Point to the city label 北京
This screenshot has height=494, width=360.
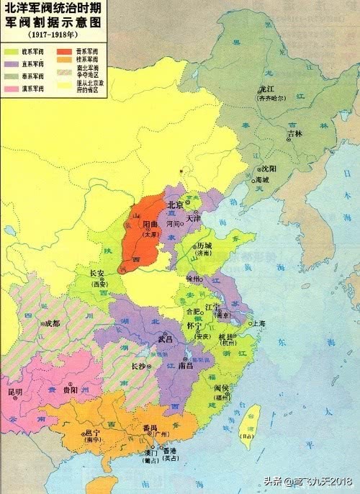[176, 205]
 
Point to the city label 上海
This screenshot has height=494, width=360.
[257, 324]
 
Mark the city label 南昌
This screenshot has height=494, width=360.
[185, 366]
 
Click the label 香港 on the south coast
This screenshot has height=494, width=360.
[171, 449]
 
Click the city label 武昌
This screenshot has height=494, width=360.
[166, 338]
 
